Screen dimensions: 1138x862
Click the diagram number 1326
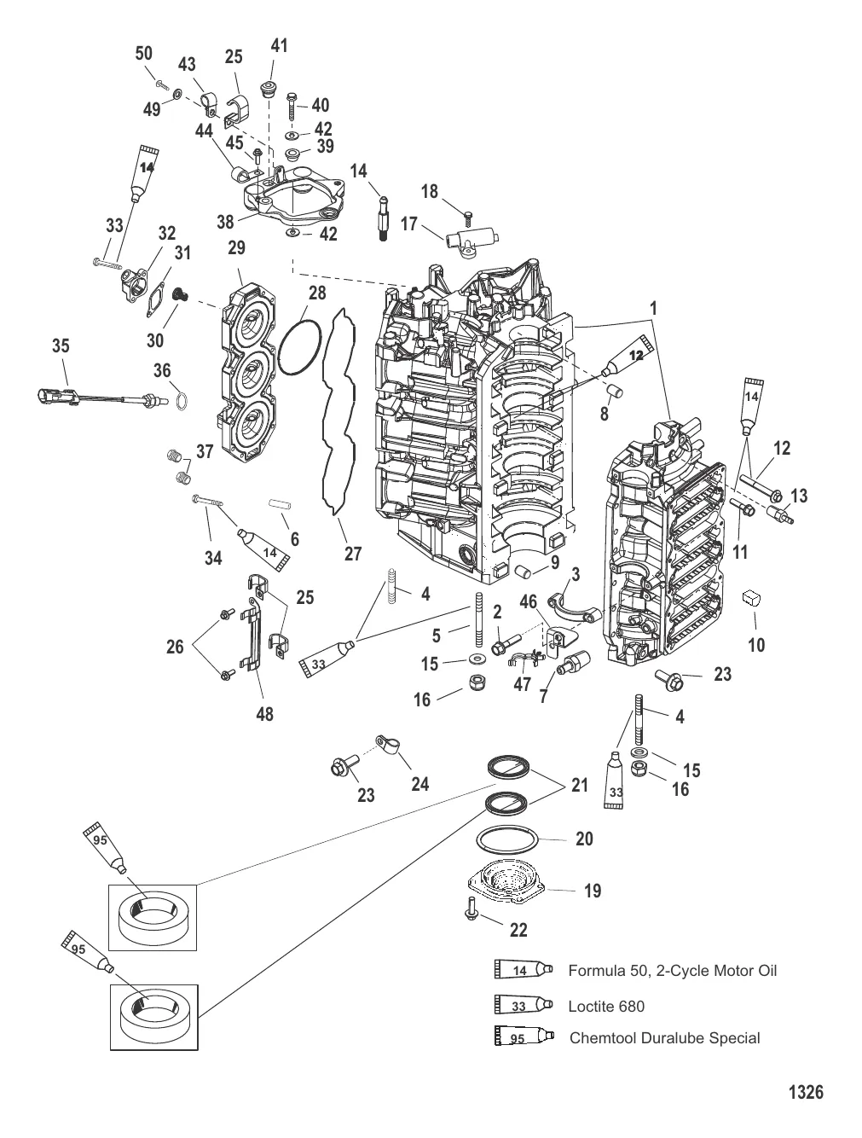click(x=805, y=1091)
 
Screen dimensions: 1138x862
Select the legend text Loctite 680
click(x=606, y=1006)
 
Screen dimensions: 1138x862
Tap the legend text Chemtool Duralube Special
click(x=664, y=1037)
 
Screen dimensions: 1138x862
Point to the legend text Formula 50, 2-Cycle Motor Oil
click(x=672, y=970)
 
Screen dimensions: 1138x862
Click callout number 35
click(x=60, y=345)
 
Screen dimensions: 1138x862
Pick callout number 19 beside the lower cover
click(x=592, y=891)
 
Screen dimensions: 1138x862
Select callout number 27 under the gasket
click(x=353, y=554)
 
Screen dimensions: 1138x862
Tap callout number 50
click(x=143, y=54)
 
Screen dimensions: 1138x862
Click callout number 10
click(x=756, y=645)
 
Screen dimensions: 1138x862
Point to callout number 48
click(x=264, y=713)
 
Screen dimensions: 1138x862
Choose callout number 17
click(x=408, y=224)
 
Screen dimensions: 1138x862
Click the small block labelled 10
click(x=751, y=597)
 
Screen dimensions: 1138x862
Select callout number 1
click(x=655, y=306)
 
